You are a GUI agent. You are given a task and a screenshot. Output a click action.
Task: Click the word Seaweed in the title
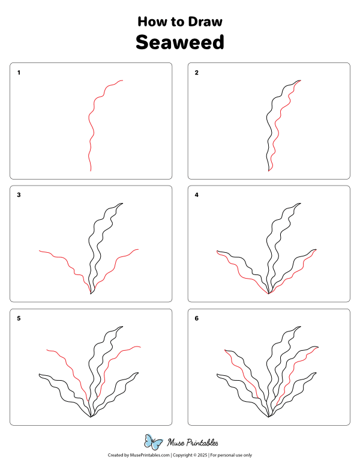coord(179,43)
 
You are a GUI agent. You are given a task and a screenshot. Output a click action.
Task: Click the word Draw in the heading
coord(205,22)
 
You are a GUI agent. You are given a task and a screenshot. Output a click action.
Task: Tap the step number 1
coord(19,73)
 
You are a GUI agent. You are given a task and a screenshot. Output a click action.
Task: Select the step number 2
coord(196,73)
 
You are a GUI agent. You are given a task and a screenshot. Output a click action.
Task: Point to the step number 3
coord(19,195)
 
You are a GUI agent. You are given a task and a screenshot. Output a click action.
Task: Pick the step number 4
coord(196,195)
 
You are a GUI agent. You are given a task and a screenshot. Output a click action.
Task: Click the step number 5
coord(19,318)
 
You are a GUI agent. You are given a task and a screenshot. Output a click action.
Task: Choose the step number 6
coord(196,318)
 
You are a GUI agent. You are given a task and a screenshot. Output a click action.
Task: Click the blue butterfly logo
coord(154,443)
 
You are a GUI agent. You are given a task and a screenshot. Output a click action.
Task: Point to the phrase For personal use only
coord(231,456)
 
